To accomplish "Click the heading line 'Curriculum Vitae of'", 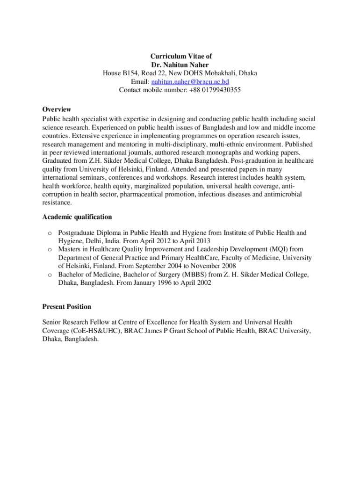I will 180,56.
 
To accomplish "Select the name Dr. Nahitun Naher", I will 180,65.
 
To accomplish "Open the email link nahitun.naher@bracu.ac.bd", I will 190,82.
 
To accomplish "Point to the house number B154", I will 132,73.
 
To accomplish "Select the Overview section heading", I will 57,109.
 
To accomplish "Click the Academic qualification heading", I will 77,217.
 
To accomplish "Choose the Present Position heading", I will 67,307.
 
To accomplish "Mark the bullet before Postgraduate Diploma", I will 48,233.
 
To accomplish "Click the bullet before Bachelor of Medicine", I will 48,275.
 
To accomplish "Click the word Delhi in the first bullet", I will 90,241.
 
